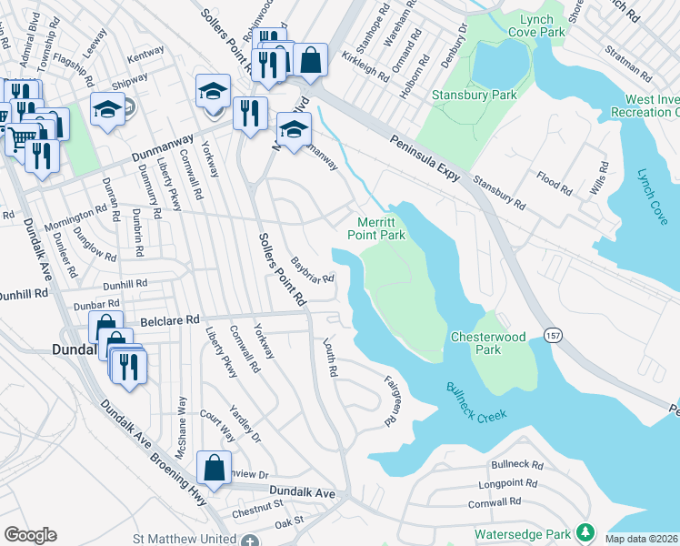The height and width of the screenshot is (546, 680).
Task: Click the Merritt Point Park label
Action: tap(375, 227)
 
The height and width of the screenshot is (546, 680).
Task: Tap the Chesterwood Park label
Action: tap(488, 343)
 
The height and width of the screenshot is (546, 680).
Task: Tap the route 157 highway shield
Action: tap(553, 336)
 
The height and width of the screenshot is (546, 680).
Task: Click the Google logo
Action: tap(30, 535)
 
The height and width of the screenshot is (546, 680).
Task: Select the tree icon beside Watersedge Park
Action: tap(587, 531)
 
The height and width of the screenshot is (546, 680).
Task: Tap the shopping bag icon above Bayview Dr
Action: tap(213, 469)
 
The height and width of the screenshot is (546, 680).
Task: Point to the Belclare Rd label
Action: tap(169, 320)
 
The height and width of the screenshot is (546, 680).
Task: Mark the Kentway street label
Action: tap(146, 56)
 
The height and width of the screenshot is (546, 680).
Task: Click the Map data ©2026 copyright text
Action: tap(641, 539)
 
